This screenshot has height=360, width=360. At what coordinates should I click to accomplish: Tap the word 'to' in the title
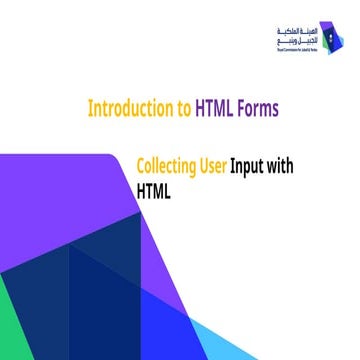pyautogui.click(x=186, y=108)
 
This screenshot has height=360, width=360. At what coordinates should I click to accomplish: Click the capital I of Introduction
pyautogui.click(x=90, y=108)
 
